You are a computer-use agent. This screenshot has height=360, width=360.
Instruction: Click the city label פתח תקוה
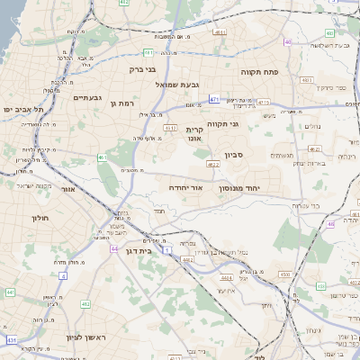point(259,69)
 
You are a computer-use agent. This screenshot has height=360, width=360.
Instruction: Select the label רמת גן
point(121,103)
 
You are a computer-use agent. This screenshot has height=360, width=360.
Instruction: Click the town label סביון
point(234,155)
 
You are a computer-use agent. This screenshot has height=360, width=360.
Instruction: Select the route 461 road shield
point(103,157)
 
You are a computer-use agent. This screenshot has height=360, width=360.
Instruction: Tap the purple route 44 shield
point(114,248)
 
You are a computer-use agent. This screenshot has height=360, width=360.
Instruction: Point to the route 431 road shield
point(12,340)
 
